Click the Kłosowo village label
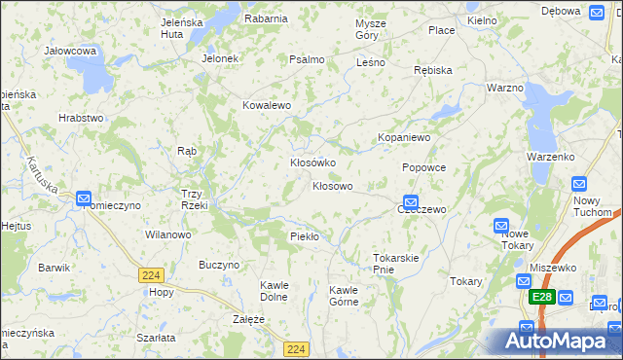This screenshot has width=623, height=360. tap(332, 185)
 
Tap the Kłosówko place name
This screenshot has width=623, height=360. tap(312, 162)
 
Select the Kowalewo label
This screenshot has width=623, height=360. tap(267, 105)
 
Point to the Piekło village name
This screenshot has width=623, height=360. tap(305, 236)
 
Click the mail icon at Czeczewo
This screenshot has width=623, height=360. tap(411, 201)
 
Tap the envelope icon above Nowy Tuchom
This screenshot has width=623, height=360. tap(579, 183)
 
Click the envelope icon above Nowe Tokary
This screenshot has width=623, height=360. tap(501, 224)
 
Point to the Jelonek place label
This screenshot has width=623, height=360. tap(220, 58)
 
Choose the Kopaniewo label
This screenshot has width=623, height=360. tap(404, 138)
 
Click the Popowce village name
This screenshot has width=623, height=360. tap(423, 167)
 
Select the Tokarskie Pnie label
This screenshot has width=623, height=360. tap(395, 263)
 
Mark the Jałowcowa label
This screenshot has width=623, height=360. tap(70, 50)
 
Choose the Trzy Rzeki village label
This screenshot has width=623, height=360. tap(192, 198)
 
